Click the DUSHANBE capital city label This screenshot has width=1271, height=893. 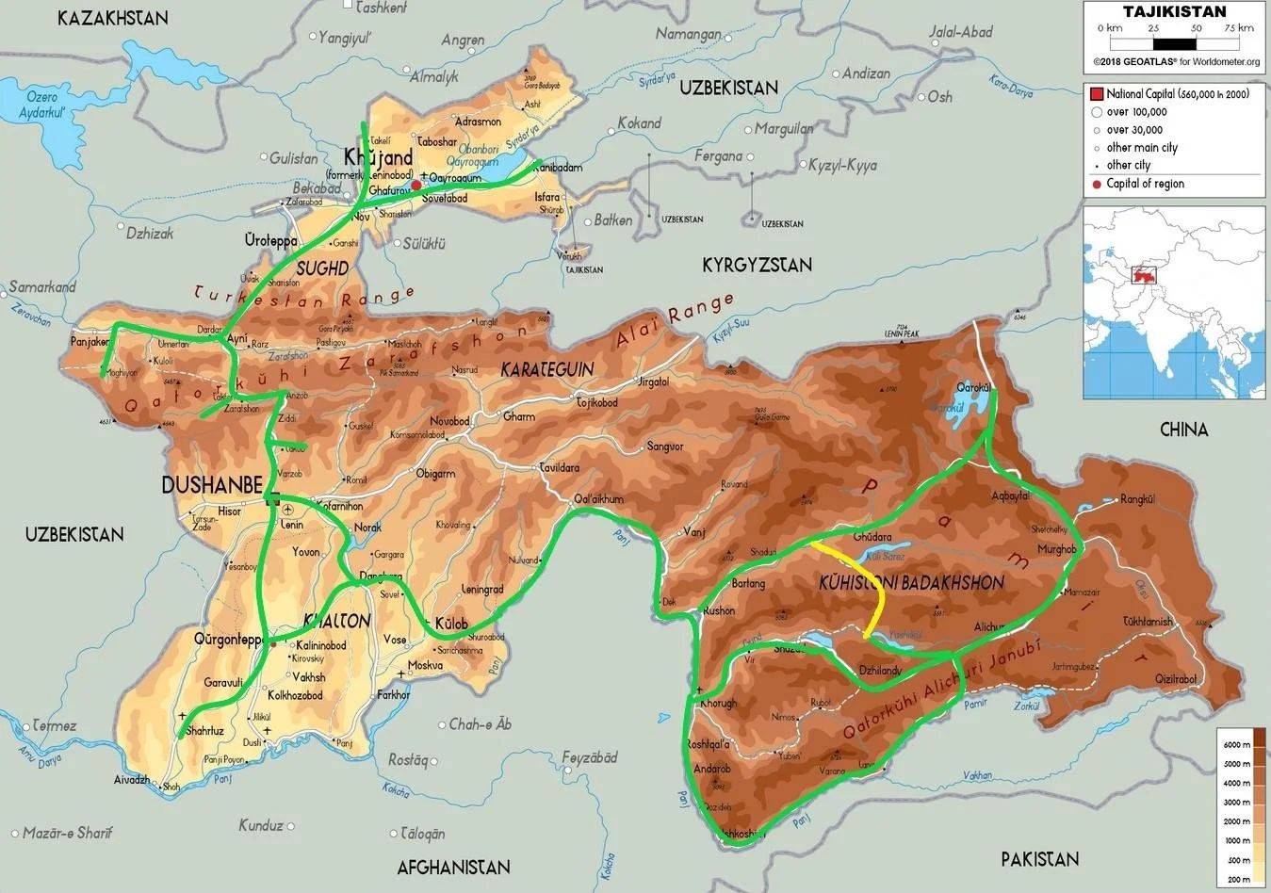[212, 485]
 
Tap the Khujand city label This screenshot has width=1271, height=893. [379, 157]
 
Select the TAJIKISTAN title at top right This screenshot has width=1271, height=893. [1175, 11]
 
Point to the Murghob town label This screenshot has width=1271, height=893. [1056, 549]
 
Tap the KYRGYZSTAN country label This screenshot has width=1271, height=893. [757, 266]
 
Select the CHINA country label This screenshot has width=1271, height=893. [1183, 430]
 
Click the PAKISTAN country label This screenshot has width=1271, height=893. [1039, 858]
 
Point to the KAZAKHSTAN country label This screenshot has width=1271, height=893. [112, 18]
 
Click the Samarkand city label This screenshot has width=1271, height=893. [41, 286]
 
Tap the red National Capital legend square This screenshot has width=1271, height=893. [1096, 94]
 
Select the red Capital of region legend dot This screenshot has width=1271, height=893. [1096, 184]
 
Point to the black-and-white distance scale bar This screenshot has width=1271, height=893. [1174, 43]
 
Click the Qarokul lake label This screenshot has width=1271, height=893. [974, 387]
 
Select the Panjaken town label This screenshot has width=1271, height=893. [90, 342]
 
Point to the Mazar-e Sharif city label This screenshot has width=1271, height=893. [67, 833]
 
